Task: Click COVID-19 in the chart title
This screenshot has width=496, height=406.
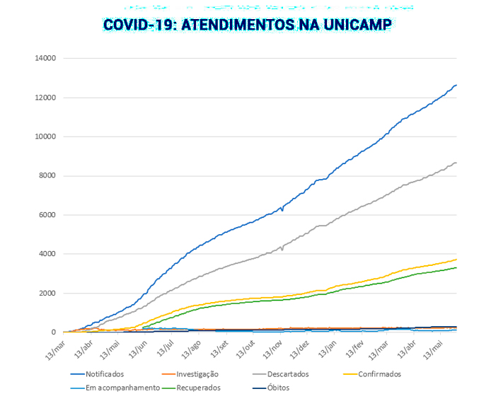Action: point(139,25)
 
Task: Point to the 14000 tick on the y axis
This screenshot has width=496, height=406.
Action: point(45,58)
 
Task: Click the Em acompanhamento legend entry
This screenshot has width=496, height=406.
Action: point(122,388)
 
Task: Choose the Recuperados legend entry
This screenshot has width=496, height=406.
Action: point(198,388)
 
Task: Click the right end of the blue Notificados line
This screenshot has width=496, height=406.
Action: point(456,85)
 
